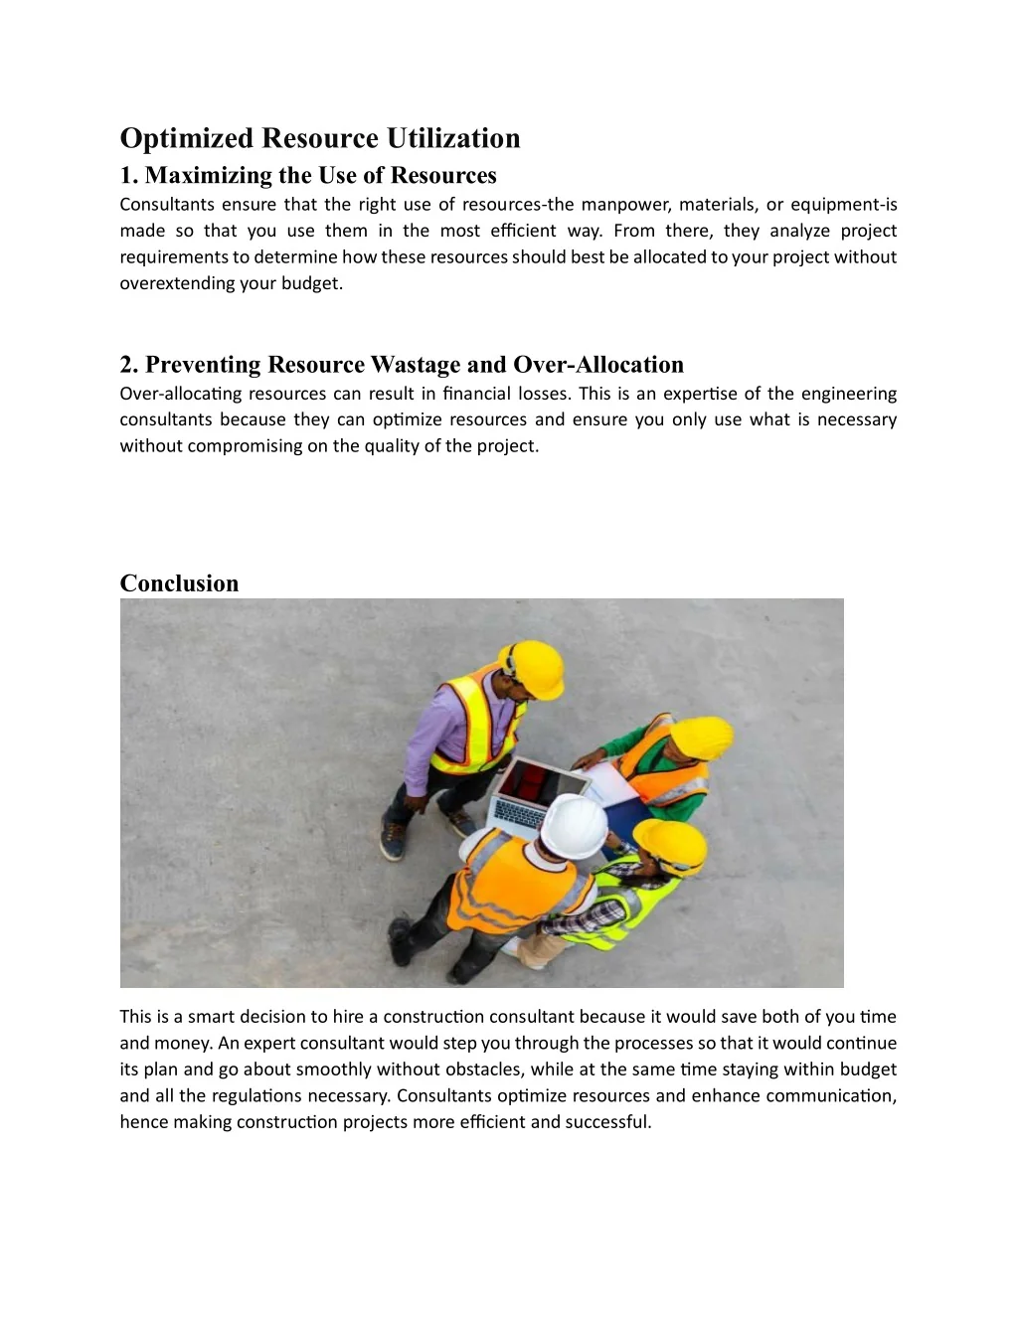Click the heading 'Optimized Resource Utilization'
pyautogui.click(x=319, y=138)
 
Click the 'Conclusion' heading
pyautogui.click(x=179, y=583)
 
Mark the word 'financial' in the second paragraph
pyautogui.click(x=476, y=394)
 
